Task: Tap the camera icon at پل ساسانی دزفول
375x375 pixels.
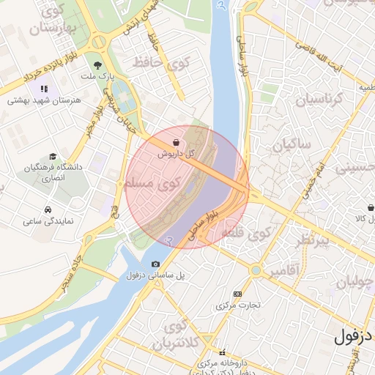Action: [155, 264]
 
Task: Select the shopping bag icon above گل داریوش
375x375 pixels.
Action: [176, 142]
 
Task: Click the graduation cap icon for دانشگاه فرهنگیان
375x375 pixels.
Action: [53, 156]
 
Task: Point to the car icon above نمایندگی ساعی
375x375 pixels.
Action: [48, 209]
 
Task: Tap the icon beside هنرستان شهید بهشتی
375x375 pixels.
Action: [45, 89]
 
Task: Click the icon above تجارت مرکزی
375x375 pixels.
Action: [237, 293]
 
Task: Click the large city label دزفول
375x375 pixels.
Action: [354, 338]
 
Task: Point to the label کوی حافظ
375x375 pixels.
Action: [160, 64]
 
